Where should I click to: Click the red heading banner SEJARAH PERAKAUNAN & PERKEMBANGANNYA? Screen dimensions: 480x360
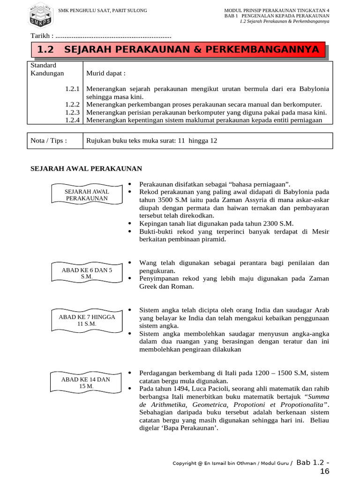tap(178, 50)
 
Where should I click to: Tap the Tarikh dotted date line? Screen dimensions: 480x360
tap(113, 36)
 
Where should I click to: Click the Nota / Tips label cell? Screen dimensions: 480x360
tap(49, 141)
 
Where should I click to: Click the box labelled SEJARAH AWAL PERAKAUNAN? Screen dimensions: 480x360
tap(87, 195)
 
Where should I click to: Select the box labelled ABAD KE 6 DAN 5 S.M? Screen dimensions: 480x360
tap(87, 273)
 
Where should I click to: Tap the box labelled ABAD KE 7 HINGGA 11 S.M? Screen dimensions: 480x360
tap(87, 320)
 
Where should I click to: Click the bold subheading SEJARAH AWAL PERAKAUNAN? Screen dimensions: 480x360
tap(86, 169)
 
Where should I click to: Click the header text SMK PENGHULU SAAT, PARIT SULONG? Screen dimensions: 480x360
tap(102, 10)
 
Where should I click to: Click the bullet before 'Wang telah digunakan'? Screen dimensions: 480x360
tap(129, 262)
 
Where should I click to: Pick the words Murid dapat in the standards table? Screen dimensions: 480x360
tap(106, 74)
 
